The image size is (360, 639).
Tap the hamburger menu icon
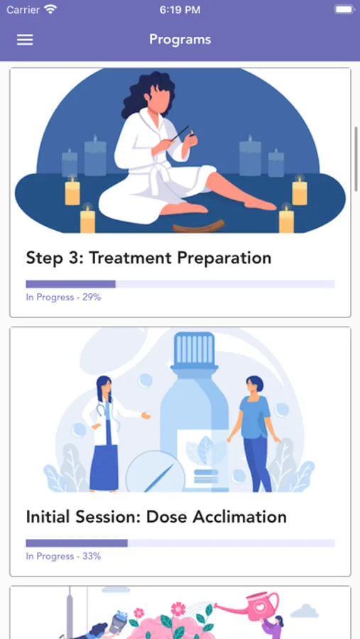25,40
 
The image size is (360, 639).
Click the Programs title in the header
180,40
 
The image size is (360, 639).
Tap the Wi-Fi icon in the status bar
50,10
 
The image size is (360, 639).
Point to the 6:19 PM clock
180,10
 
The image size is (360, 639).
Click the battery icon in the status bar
344,10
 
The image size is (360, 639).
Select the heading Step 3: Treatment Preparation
149,258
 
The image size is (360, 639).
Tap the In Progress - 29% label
63,297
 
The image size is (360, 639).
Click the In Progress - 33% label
63,556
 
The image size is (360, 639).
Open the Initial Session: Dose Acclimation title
156,517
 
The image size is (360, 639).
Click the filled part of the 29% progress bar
70,284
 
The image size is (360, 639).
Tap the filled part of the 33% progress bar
77,543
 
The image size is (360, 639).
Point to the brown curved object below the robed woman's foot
199,226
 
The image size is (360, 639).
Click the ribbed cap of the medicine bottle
194,349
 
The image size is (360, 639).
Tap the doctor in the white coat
107,433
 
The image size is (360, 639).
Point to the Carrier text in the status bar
23,10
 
